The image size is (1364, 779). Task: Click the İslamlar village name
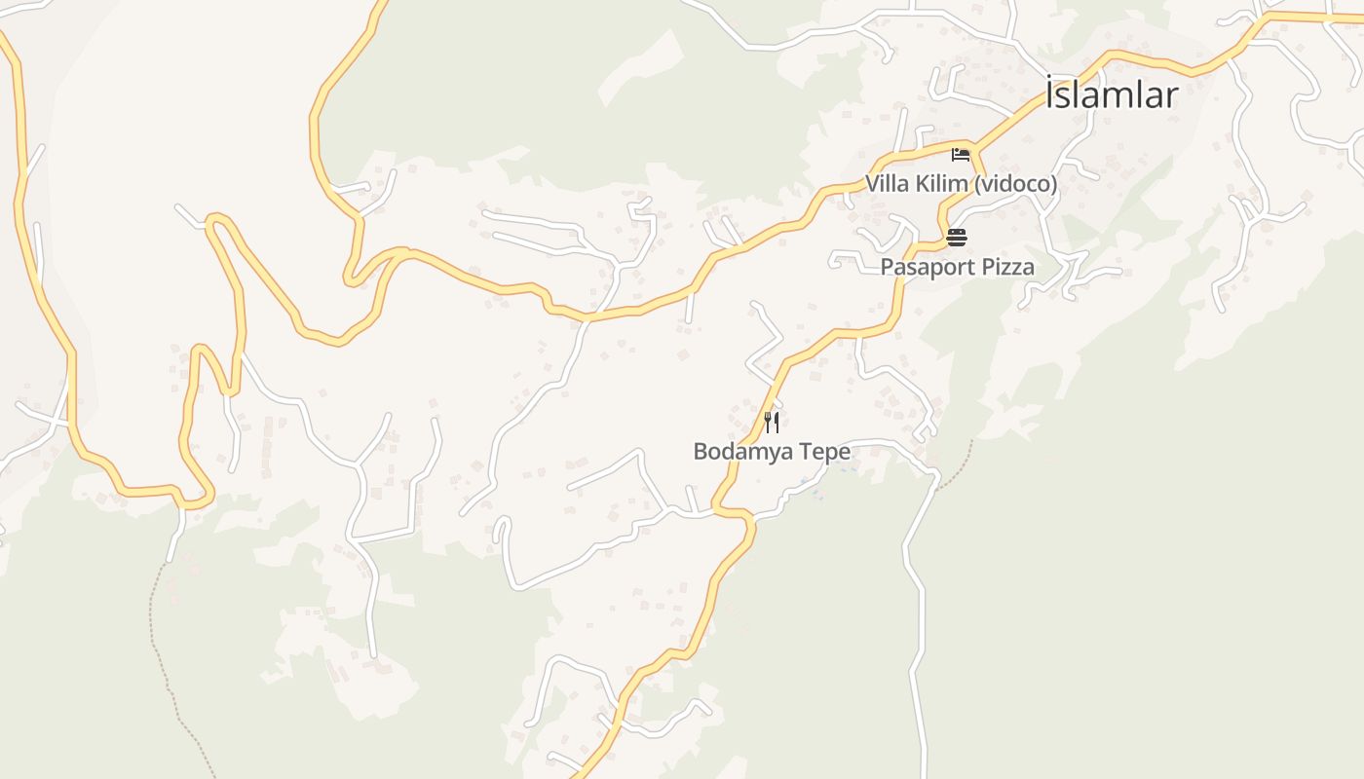click(1112, 95)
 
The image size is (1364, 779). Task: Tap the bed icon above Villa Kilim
click(961, 155)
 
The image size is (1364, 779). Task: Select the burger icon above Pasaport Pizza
click(956, 238)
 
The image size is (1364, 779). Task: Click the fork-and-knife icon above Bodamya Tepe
click(772, 422)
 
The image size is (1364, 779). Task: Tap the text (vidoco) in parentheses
click(1015, 184)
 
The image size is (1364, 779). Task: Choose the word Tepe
click(822, 452)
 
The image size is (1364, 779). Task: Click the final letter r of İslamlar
click(1172, 96)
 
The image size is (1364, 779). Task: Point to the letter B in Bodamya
click(701, 452)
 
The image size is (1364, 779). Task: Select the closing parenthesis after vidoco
click(1054, 184)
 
